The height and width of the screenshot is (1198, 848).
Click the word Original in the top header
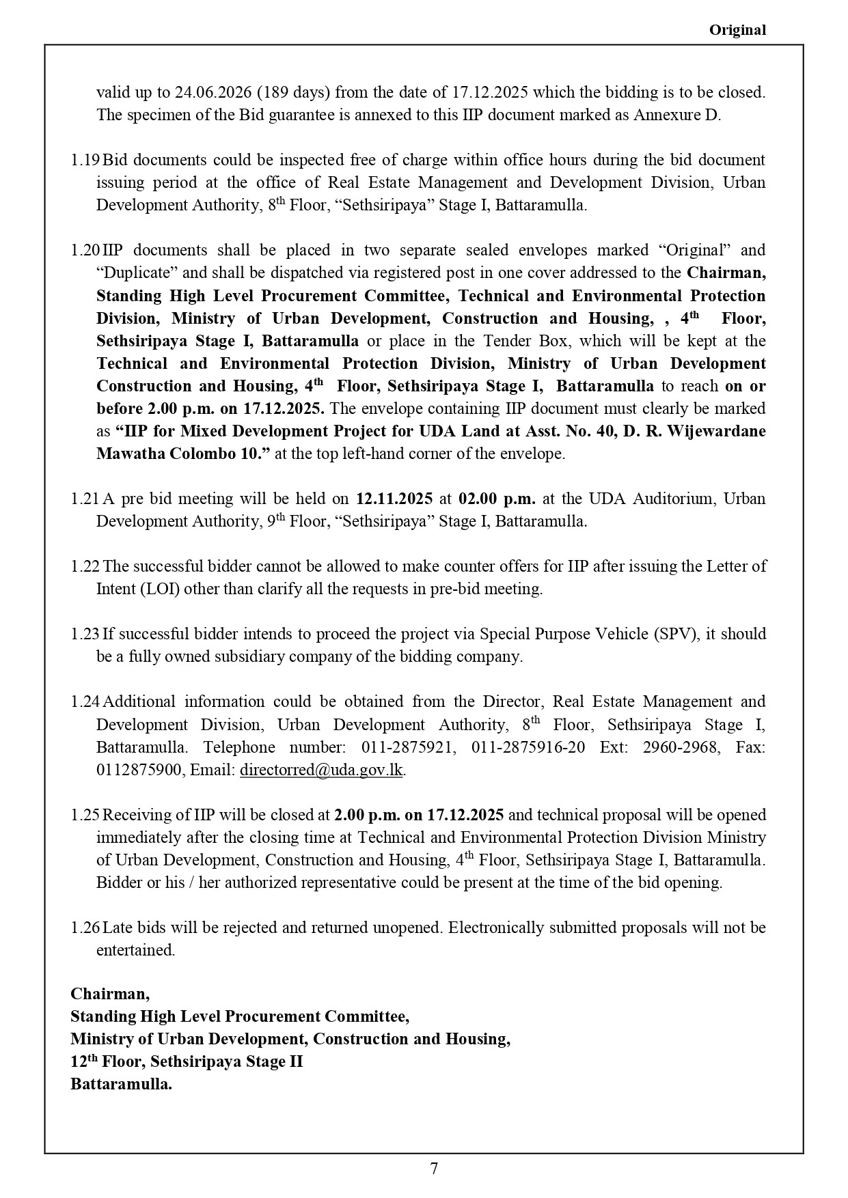click(x=737, y=30)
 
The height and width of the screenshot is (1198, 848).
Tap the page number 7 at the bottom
click(x=434, y=1169)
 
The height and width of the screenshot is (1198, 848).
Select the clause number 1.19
click(x=85, y=160)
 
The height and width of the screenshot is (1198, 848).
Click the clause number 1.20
click(x=85, y=250)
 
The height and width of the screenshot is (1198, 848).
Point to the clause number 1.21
click(x=85, y=499)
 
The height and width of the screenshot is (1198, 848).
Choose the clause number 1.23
click(x=85, y=634)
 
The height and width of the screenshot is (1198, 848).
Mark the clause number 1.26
click(x=85, y=928)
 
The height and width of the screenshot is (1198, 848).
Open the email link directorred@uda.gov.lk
click(x=321, y=770)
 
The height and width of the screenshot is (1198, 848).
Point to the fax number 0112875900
click(x=140, y=770)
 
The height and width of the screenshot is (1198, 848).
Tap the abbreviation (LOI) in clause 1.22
click(x=159, y=589)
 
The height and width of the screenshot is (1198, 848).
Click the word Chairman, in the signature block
click(x=110, y=994)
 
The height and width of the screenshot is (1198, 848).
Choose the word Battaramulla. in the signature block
click(x=121, y=1084)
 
